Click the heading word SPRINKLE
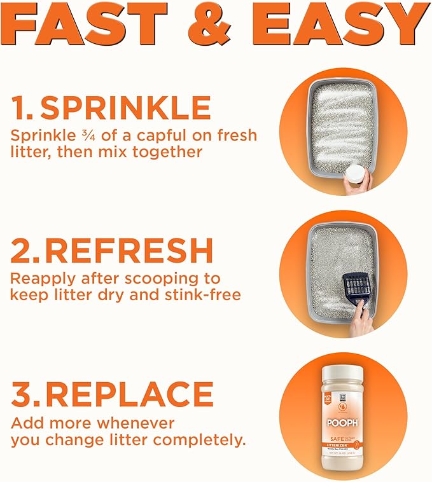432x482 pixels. coord(125,109)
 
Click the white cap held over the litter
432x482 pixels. coord(356,175)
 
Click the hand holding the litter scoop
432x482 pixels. coord(362,322)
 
